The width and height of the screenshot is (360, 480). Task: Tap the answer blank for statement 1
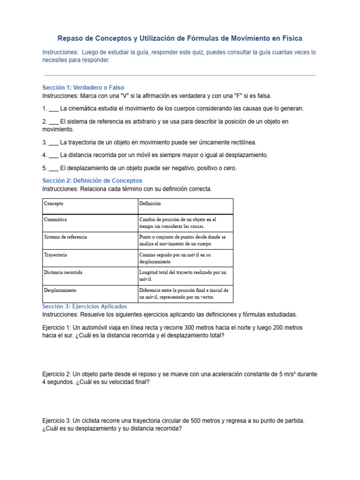click(x=53, y=109)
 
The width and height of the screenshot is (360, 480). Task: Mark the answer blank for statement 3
click(x=53, y=142)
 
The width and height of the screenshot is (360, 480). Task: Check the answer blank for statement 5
click(x=53, y=168)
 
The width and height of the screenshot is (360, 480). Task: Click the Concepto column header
click(x=54, y=204)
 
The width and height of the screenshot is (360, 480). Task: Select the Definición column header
click(x=150, y=204)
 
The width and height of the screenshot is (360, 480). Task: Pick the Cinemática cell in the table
click(x=56, y=219)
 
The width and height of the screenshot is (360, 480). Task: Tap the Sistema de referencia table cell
click(x=66, y=237)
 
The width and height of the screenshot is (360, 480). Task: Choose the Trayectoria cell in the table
click(x=56, y=255)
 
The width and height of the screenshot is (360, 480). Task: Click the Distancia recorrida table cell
click(x=63, y=272)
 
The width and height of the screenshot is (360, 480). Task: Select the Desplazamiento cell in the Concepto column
click(x=60, y=290)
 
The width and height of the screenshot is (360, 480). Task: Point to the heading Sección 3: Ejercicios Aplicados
click(x=84, y=307)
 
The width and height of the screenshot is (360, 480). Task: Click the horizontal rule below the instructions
click(x=180, y=75)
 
